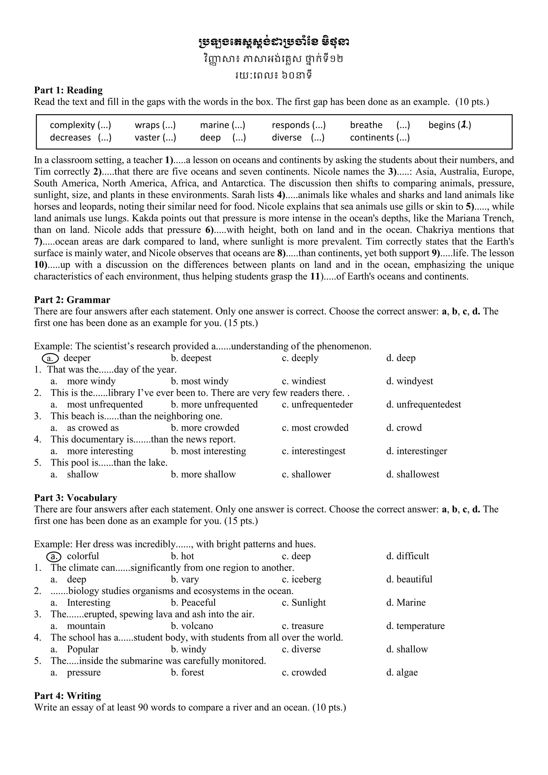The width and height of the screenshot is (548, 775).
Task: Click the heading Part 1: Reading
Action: click(x=68, y=90)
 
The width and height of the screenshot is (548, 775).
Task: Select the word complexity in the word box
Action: click(x=72, y=125)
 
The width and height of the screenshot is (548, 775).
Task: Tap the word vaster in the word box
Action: click(x=147, y=138)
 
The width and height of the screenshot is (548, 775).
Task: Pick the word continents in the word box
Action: click(x=372, y=138)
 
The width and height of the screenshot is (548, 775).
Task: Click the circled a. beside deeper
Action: click(x=50, y=358)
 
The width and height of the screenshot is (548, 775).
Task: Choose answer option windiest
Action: click(x=308, y=381)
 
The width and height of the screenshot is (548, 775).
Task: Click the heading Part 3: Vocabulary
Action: click(x=76, y=498)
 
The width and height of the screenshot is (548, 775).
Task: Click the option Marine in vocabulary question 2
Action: click(x=410, y=603)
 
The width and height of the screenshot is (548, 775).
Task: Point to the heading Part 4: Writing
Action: click(x=67, y=696)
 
